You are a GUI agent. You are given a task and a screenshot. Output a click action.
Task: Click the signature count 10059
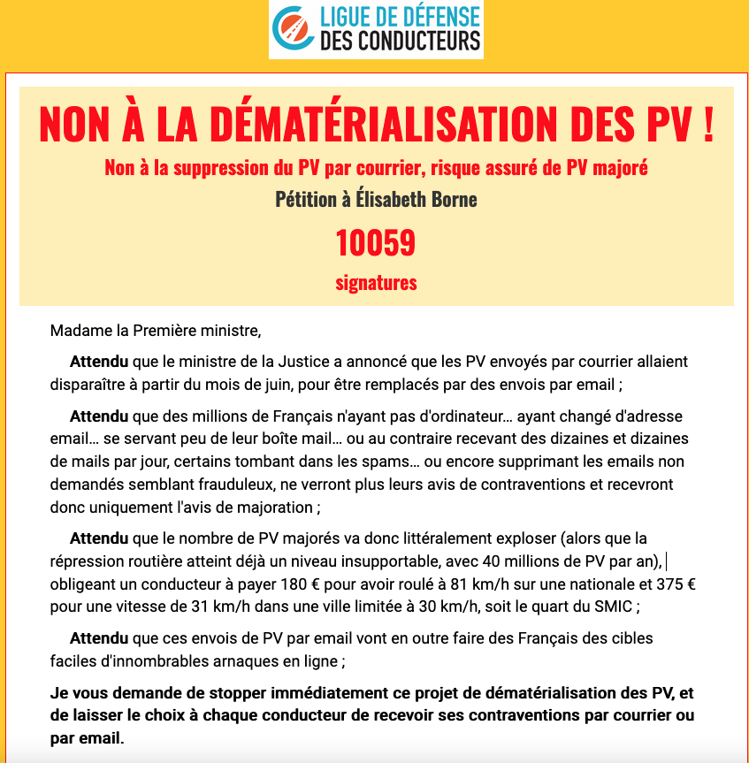[x=375, y=242]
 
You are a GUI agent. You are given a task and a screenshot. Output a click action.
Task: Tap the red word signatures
[x=376, y=283]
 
